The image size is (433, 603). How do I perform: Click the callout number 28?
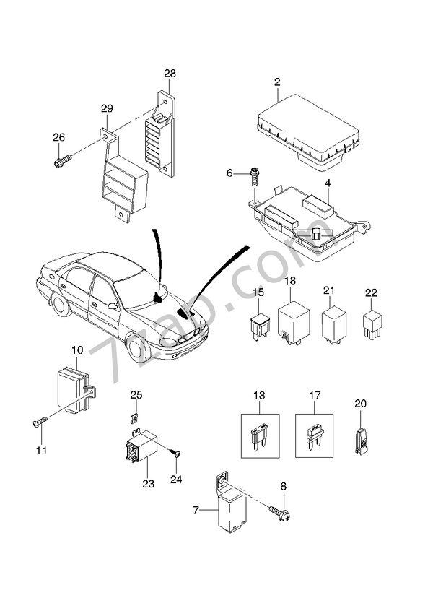click(x=170, y=73)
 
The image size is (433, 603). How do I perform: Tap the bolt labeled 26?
click(x=62, y=161)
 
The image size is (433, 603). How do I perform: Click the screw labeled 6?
click(x=255, y=173)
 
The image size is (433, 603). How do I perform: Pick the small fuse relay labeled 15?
click(x=260, y=326)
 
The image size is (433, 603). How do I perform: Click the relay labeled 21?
click(x=332, y=325)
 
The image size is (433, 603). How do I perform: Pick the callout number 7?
click(x=195, y=511)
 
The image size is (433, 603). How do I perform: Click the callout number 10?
click(x=78, y=350)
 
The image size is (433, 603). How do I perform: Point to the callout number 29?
click(x=107, y=108)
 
